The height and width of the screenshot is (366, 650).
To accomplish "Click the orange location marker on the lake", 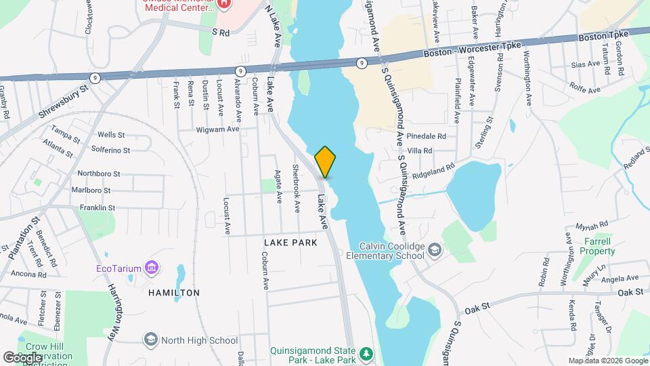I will (325, 161).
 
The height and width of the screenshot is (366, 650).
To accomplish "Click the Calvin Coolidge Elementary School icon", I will (434, 251).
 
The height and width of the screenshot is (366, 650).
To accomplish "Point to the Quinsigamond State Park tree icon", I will (366, 354).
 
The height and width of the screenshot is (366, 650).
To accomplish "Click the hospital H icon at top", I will (225, 3).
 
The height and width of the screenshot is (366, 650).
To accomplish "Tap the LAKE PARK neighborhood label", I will (290, 241).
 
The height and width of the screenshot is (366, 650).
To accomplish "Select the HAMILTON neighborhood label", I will (175, 293).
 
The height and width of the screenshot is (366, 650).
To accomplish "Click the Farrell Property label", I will (595, 246).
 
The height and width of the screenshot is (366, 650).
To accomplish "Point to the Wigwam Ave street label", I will (218, 129).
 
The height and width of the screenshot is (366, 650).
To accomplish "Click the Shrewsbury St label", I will (64, 102).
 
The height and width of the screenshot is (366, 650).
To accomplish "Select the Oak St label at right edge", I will (629, 293).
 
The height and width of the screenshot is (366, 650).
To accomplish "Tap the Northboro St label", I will (99, 174).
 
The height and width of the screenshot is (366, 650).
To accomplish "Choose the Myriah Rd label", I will (590, 224).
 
